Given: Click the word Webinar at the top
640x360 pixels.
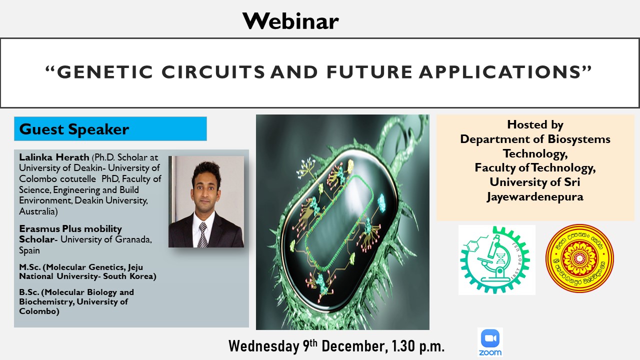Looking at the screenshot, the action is tap(290, 21).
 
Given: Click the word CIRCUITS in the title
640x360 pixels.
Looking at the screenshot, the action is tap(213, 71).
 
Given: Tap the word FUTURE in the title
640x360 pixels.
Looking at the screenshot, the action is tap(369, 71).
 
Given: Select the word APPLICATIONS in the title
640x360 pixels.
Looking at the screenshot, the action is tap(500, 71).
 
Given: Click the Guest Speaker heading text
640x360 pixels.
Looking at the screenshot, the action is tap(74, 129).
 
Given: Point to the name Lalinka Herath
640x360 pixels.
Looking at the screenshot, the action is tap(54, 157).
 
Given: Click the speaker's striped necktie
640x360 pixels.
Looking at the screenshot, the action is tap(203, 235).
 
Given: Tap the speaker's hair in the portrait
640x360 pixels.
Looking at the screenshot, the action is tap(206, 171).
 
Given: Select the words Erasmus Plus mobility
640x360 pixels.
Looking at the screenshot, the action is tap(70, 229).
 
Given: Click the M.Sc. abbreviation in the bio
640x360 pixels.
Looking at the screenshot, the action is tap(29, 267).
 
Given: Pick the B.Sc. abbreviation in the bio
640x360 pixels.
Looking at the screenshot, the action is tap(29, 292).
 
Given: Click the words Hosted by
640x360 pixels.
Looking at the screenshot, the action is tap(535, 125).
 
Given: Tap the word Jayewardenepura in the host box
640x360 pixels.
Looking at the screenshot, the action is tap(535, 197).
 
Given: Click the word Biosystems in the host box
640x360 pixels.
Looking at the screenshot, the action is tap(579, 139).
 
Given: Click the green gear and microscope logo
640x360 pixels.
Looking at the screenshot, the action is tap(496, 259).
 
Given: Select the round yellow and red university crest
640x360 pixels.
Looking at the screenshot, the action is tap(579, 258).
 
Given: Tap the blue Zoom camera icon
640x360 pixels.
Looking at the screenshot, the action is tap(490, 338).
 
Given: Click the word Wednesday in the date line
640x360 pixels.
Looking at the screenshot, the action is tap(263, 346).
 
